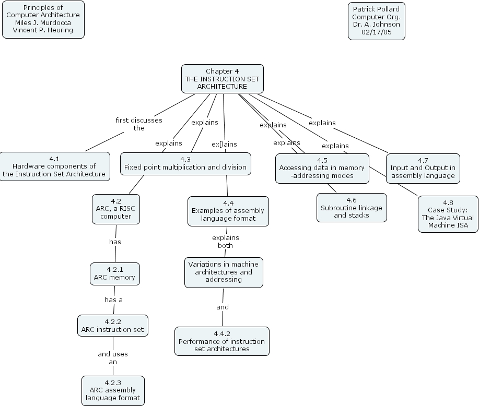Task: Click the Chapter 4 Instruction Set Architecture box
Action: point(222,79)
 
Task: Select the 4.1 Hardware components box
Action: point(55,166)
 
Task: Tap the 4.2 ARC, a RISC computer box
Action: point(115,209)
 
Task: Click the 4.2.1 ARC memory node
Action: point(114,273)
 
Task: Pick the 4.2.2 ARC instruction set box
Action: point(112,326)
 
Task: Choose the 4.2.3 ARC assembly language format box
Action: point(113,390)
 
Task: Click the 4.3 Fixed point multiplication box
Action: point(185,163)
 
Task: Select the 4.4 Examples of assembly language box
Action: point(228,211)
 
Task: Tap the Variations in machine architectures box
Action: point(224,272)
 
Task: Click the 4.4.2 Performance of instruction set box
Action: point(222,341)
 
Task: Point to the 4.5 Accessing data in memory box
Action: point(322,168)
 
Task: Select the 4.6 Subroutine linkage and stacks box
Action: point(352,208)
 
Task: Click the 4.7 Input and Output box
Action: point(423,168)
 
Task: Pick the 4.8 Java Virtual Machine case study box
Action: point(448,214)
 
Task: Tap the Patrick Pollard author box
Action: point(376,21)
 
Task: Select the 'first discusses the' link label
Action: point(138,124)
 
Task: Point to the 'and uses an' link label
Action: point(113,357)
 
